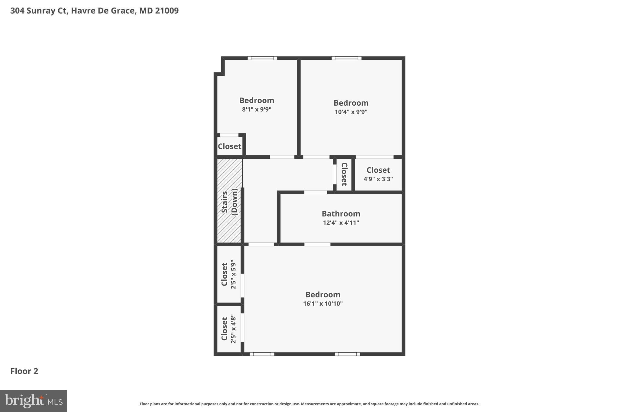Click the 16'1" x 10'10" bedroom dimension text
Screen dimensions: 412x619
click(323, 304)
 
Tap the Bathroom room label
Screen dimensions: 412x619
click(341, 214)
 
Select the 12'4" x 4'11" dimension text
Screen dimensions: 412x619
click(341, 223)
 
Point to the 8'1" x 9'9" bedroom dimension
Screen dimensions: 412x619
click(257, 109)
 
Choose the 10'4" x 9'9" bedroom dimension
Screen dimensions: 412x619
click(351, 112)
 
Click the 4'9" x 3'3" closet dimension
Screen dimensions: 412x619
click(378, 179)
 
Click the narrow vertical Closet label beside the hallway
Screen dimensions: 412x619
click(344, 174)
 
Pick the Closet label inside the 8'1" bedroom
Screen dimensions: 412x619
click(229, 146)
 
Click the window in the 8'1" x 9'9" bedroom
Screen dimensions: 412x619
click(262, 58)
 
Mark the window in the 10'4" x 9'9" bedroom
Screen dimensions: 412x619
click(346, 58)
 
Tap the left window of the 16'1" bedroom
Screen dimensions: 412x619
click(262, 354)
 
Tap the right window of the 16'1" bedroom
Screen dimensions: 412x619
click(347, 354)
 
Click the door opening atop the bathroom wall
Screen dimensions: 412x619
click(315, 192)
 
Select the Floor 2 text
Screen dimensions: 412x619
click(24, 371)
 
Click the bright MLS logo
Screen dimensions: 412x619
click(33, 401)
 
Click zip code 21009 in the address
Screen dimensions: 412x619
click(167, 11)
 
